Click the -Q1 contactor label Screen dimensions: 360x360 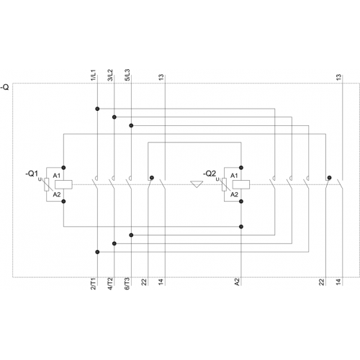[32, 174]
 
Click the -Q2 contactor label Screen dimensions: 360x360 [210, 174]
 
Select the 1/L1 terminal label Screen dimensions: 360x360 [94, 75]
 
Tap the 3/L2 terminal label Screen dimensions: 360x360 [110, 75]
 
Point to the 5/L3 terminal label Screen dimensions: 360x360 [127, 75]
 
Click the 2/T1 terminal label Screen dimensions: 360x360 [94, 284]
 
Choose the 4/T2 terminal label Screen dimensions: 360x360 [110, 284]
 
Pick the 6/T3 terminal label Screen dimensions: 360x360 [127, 284]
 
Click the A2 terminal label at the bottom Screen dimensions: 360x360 [237, 282]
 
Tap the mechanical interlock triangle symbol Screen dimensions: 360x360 [197, 184]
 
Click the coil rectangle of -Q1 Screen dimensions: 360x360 [63, 184]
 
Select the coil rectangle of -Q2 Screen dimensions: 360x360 [241, 184]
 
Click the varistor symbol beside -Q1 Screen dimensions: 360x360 [47, 184]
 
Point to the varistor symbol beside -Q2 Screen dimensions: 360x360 [224, 184]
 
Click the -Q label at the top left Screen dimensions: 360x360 [5, 87]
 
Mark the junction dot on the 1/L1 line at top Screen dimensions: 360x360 [97, 109]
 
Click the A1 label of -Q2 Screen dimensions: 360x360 [234, 176]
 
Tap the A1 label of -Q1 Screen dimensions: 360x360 [57, 176]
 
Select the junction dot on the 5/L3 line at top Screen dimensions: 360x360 [131, 125]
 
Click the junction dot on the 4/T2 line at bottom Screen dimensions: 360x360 [114, 243]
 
